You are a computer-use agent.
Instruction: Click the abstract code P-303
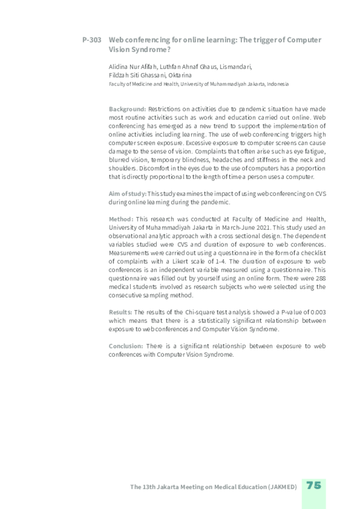click(x=91, y=40)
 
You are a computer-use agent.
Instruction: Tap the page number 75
click(x=313, y=485)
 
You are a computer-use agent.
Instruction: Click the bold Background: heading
click(x=127, y=109)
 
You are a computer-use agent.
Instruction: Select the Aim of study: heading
click(x=127, y=193)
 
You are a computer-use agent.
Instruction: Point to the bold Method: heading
click(x=121, y=219)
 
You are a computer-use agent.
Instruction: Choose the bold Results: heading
click(x=120, y=312)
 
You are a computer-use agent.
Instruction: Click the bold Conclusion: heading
click(x=126, y=346)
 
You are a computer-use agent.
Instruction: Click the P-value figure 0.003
click(x=317, y=312)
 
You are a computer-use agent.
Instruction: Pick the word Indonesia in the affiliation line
click(x=277, y=84)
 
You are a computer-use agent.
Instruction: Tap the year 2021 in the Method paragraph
click(x=250, y=227)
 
